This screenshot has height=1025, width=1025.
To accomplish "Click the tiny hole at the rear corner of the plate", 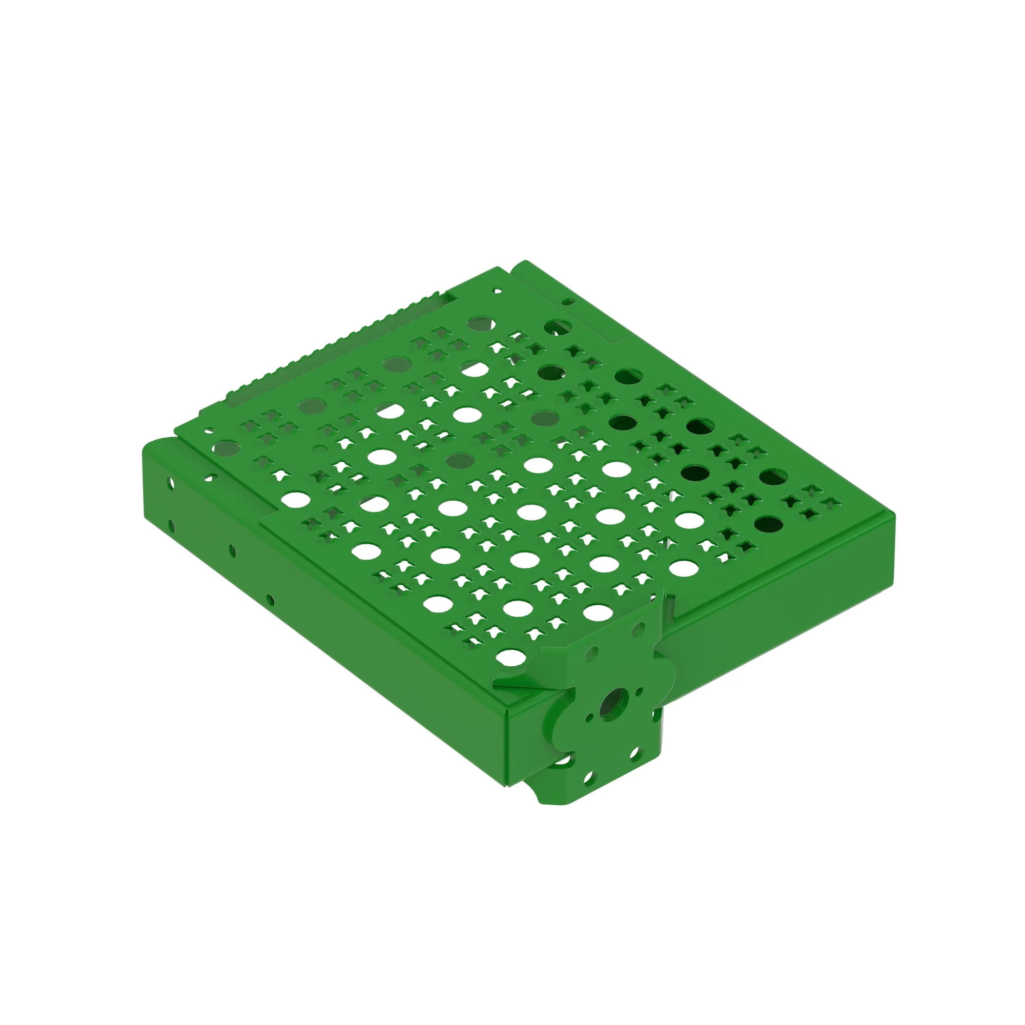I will (497, 291).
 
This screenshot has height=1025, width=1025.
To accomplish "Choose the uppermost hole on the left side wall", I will (170, 483).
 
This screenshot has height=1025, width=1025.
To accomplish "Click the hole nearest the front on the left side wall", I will (270, 600).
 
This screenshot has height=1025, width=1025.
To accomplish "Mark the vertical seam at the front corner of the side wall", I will (507, 753).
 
